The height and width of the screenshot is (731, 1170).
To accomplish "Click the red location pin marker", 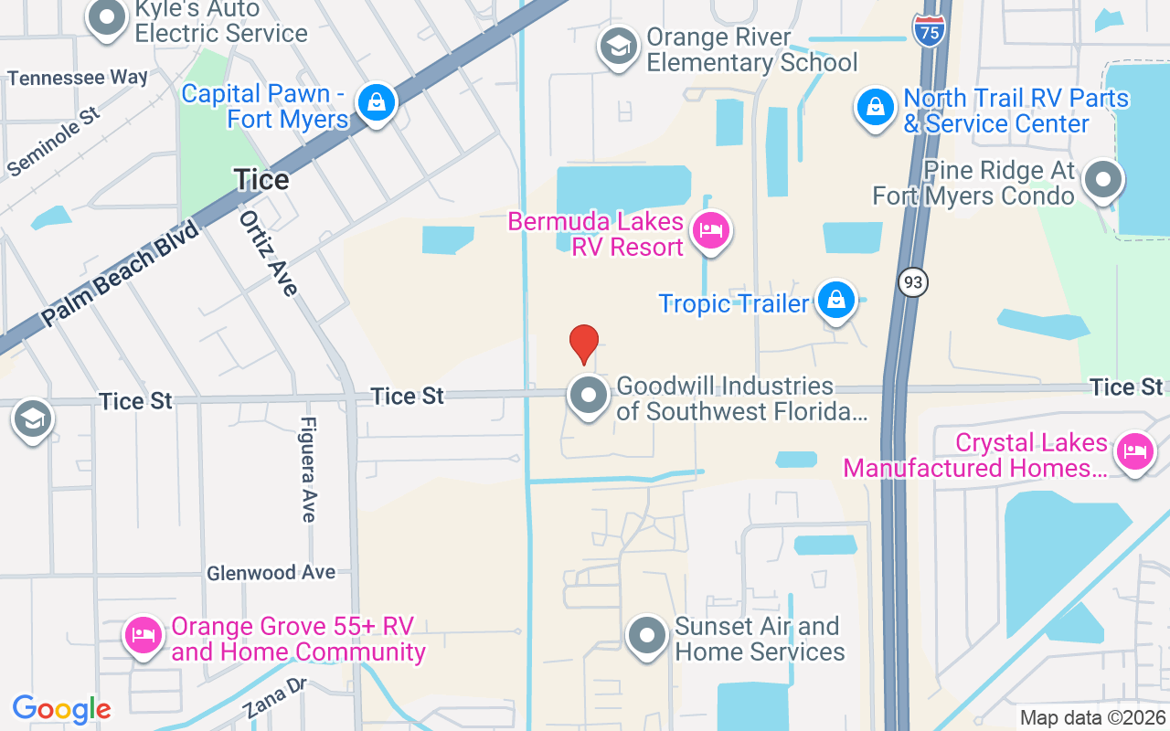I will (x=584, y=344).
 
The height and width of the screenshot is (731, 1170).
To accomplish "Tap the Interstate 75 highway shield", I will (x=929, y=31).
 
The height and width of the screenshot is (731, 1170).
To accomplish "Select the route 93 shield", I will (x=912, y=282).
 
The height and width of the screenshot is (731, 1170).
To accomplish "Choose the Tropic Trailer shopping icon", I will (x=835, y=300).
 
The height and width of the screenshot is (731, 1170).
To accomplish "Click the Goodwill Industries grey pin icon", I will (x=589, y=397).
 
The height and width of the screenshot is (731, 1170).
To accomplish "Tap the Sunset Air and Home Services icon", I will (x=647, y=635).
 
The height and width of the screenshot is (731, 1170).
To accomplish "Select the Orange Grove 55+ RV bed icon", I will (x=144, y=635).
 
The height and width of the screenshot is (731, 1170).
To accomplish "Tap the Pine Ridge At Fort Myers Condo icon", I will (x=1103, y=180).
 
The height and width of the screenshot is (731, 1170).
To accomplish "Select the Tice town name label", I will (x=261, y=179).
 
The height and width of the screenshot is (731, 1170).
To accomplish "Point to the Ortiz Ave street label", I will (x=269, y=253).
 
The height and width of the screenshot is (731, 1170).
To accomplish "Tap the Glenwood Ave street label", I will (x=271, y=573).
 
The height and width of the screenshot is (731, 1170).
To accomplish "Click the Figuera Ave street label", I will (x=309, y=470).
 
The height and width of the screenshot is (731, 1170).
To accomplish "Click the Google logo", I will (x=62, y=709).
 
